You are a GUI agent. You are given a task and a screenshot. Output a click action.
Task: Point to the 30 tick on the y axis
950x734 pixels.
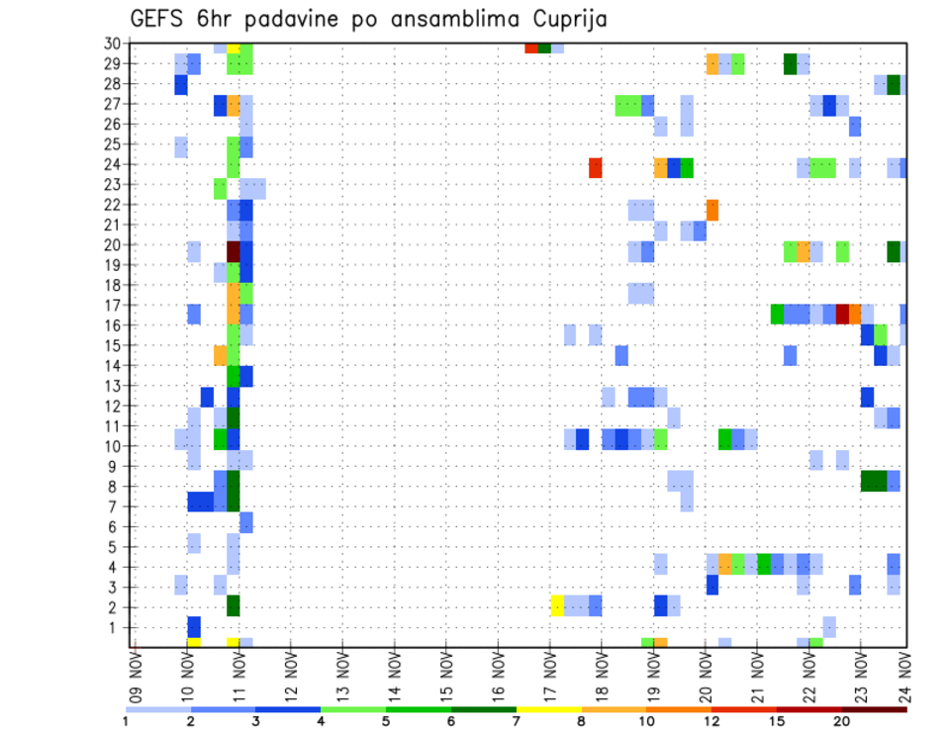tap(118, 44)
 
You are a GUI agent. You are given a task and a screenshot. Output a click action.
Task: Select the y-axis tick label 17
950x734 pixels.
tap(118, 306)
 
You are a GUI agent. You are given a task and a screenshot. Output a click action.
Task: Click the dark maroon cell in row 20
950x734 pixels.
tap(234, 251)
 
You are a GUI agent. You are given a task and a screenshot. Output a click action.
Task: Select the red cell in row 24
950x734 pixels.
tap(596, 168)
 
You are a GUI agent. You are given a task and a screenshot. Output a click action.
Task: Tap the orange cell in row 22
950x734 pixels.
tap(712, 210)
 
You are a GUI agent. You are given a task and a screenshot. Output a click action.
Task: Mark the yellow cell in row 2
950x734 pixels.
tap(557, 605)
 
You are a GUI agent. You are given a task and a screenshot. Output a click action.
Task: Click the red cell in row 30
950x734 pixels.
tap(531, 47)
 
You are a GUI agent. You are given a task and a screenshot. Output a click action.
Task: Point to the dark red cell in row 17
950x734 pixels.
tap(842, 314)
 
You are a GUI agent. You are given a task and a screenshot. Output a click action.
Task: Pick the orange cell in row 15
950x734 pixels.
tap(221, 354)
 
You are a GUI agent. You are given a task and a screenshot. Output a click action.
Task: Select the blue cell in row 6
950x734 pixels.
tap(246, 522)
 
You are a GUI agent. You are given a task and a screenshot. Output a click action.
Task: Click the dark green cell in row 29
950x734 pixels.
tap(790, 64)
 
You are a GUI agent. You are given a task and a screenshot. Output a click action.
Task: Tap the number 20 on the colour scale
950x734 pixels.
tap(841, 721)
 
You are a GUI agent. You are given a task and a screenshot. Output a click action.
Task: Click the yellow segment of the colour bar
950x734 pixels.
tap(549, 709)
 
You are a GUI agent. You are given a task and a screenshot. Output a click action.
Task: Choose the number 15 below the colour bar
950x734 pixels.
tap(777, 721)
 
